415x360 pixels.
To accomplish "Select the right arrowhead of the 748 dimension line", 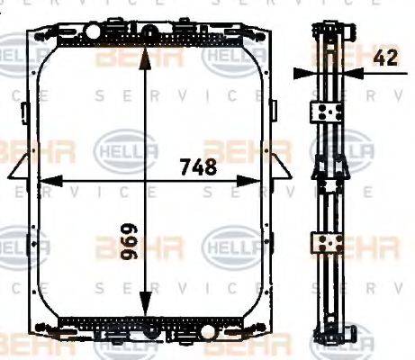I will pyautogui.click(x=269, y=180).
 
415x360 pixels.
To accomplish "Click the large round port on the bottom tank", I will pyautogui.click(x=153, y=329).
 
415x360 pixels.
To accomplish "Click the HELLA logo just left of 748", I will pyautogui.click(x=126, y=145).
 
